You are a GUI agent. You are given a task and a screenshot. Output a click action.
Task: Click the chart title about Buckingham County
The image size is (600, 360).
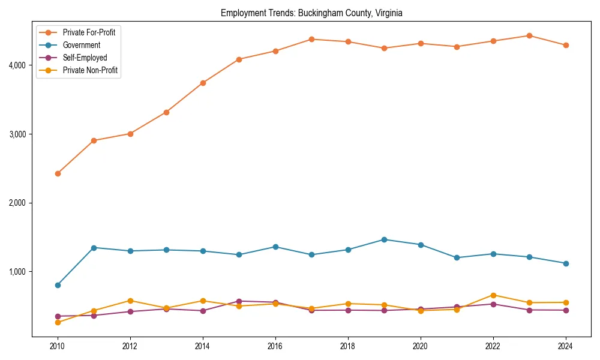[x=311, y=13]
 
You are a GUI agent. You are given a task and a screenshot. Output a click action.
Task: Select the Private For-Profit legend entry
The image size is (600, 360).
[x=89, y=32]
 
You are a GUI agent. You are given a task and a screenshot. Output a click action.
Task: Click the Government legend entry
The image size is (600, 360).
[x=82, y=45]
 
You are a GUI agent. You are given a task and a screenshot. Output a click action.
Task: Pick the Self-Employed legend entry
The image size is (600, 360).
[x=85, y=58]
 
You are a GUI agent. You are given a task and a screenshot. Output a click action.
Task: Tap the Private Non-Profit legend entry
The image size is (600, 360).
[x=90, y=70]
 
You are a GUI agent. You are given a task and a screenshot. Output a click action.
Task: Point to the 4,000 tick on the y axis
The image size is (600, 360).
[x=17, y=65]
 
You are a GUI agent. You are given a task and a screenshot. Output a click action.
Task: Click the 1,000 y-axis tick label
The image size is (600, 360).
[x=17, y=272]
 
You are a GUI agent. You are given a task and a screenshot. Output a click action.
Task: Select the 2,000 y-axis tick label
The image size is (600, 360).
[x=17, y=203]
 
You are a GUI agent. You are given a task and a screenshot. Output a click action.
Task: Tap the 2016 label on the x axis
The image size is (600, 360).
[x=275, y=346]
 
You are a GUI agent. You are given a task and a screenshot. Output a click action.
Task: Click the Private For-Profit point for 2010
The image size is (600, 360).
[x=58, y=173]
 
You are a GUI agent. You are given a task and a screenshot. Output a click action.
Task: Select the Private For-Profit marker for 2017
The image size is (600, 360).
[x=311, y=39]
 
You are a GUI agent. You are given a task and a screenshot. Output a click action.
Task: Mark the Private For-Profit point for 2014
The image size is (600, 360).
[x=203, y=83]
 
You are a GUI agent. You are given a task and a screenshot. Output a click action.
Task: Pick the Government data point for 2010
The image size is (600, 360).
[x=58, y=285]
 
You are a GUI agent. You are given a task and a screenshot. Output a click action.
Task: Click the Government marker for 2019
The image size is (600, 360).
[x=384, y=239]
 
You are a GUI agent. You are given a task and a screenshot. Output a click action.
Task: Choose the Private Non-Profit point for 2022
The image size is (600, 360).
[x=493, y=295]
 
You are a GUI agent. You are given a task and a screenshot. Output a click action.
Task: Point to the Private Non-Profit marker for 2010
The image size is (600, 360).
[x=58, y=322]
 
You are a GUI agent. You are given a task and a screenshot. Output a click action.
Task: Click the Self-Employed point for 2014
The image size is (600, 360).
[x=203, y=311]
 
